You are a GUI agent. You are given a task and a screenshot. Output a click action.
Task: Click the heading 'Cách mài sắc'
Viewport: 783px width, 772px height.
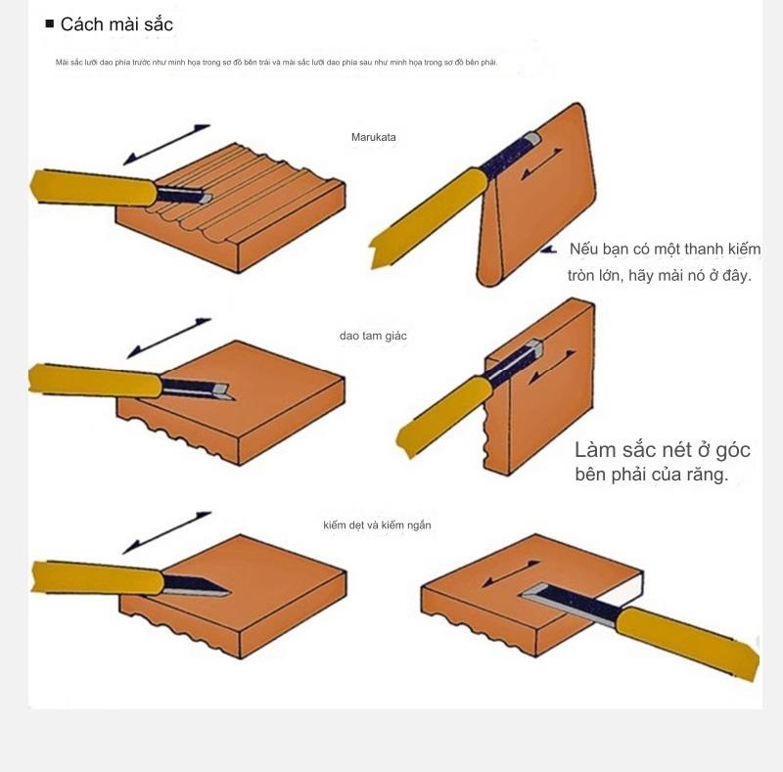[x=116, y=24]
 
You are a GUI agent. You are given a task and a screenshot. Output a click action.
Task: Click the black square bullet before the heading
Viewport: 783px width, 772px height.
[x=49, y=23]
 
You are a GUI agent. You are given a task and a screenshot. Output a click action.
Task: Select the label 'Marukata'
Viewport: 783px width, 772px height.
[x=374, y=138]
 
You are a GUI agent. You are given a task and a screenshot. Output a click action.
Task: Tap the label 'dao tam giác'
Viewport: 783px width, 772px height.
[x=373, y=336]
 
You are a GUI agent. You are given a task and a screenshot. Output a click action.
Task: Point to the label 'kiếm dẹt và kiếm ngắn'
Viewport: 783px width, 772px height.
[x=377, y=525]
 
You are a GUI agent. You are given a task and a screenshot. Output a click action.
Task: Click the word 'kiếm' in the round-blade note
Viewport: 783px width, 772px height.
[x=742, y=250]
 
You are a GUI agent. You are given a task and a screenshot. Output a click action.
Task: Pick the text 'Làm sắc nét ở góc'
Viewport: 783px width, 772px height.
[x=663, y=450]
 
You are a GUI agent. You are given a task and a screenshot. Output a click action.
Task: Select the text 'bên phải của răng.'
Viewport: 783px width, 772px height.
[x=651, y=476]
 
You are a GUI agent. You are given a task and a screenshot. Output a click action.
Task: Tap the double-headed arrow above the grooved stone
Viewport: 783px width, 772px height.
[x=167, y=144]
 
